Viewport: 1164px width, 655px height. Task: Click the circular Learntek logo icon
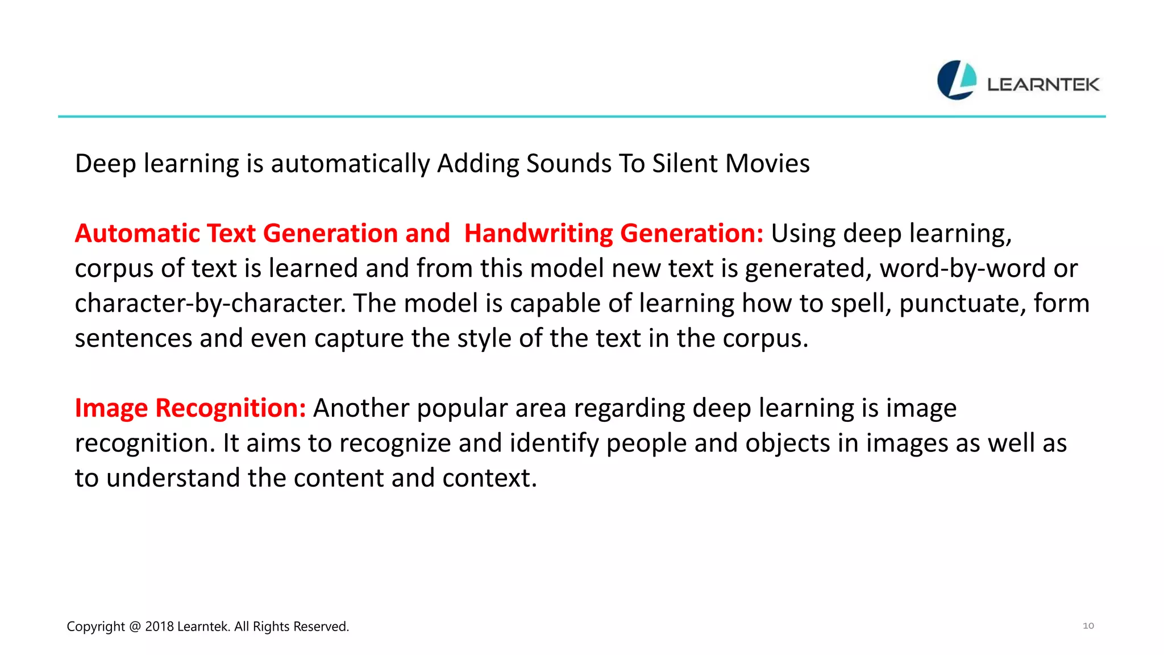957,80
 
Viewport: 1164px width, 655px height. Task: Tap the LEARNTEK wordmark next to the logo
1043,85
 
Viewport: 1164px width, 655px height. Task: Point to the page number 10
1088,625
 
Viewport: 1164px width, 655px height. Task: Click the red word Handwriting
538,234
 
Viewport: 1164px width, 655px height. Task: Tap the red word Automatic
136,234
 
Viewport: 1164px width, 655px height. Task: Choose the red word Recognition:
231,408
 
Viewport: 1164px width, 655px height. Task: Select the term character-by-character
210,304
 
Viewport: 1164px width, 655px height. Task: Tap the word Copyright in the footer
95,627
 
